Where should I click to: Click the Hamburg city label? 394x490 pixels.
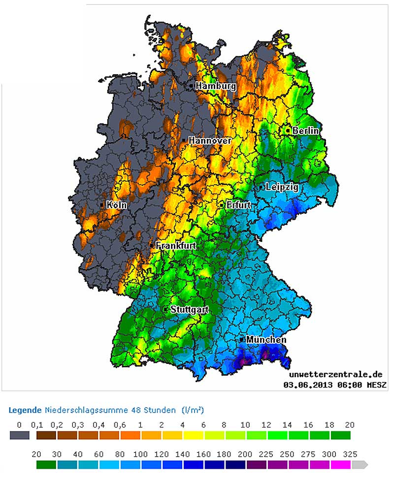pos(215,86)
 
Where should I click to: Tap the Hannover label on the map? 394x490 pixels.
pos(210,140)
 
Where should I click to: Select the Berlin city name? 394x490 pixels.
pos(305,131)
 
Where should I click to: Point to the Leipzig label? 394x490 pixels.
pos(282,187)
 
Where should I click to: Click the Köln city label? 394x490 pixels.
pos(116,205)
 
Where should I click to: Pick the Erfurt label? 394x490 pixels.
pos(238,205)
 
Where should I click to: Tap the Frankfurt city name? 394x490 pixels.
pos(176,245)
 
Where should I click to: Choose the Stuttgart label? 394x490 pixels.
pos(189,310)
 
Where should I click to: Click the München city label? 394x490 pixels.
pos(266,340)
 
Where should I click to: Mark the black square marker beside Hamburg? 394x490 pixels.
pos(191,86)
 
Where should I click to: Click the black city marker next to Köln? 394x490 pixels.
pos(102,205)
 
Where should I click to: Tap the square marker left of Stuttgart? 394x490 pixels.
pos(165,309)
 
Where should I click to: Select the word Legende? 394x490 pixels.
pos(25,410)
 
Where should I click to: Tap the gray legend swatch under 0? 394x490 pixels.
pos(19,435)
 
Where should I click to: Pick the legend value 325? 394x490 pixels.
pos(351,454)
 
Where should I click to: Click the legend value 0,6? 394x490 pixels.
pos(120,425)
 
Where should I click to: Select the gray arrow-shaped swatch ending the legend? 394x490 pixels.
pos(360,464)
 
